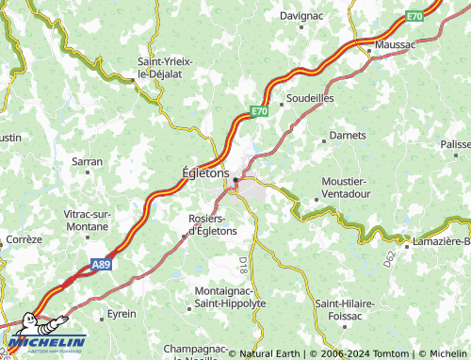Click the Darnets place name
click(348, 136)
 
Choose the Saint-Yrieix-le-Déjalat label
click(165, 67)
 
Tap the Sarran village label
click(87, 162)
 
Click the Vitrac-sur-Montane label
click(87, 220)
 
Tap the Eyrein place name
click(121, 313)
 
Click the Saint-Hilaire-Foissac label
click(345, 309)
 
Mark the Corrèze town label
click(23, 239)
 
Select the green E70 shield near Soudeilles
click(260, 111)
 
